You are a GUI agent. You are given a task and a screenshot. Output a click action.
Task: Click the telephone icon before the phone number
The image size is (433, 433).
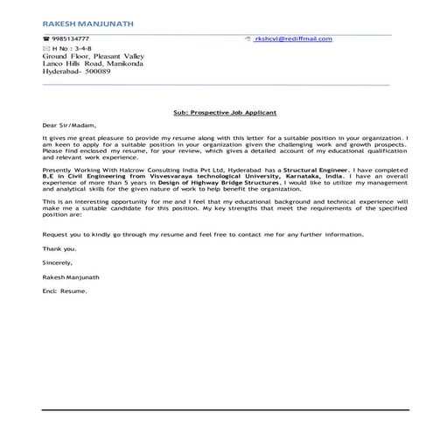(x=45, y=39)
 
